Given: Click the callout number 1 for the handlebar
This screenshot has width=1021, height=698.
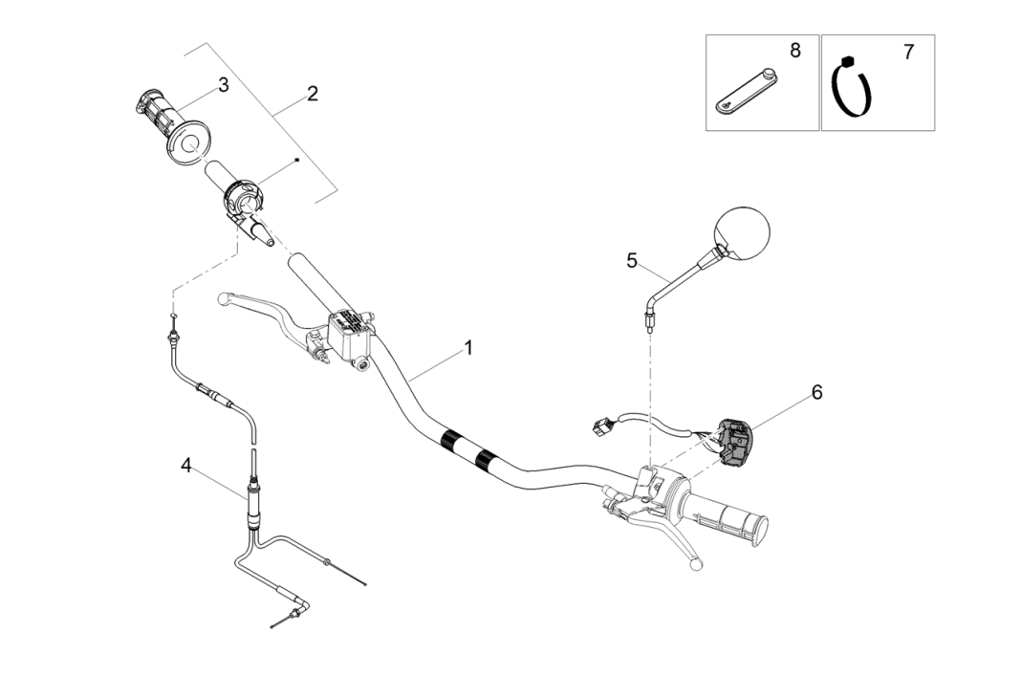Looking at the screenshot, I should tap(468, 349).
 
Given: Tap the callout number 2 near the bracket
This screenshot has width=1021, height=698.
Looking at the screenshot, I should tap(312, 94).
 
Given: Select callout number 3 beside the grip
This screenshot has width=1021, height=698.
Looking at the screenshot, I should tap(224, 85).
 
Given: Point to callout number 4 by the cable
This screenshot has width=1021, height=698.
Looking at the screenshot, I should tap(186, 465).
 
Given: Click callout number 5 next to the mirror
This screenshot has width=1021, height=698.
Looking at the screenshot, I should tap(631, 260).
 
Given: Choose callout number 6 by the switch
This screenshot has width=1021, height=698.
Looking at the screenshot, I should tap(816, 392).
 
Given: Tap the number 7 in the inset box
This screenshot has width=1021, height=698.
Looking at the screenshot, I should tap(907, 53).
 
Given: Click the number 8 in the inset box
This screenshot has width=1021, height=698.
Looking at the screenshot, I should tap(794, 50).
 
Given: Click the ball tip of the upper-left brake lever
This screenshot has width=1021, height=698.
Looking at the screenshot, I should tap(223, 298).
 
